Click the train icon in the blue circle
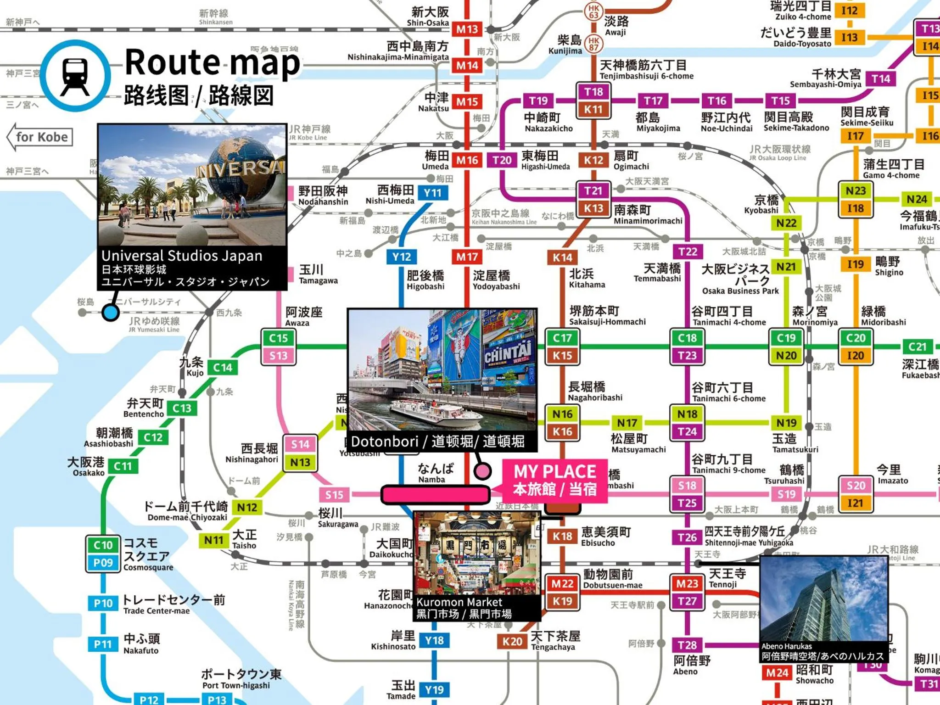pos(75,76)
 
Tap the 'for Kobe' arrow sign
pos(40,137)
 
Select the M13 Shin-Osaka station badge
pos(467,29)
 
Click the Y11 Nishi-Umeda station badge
pos(432,193)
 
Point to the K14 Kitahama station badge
pos(562,257)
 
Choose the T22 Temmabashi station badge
pos(688,252)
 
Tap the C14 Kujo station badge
pos(223,367)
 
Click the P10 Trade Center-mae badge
pos(103,603)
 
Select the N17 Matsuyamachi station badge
pos(627,423)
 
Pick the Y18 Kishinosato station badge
pos(434,641)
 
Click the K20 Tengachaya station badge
pos(512,642)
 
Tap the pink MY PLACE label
pos(554,480)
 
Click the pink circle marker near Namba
pos(482,470)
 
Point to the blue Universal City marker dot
pos(110,313)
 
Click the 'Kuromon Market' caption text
pos(459,602)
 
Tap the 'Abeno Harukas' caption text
pos(786,646)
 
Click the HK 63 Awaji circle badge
pos(593,11)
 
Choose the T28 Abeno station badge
pos(687,645)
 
